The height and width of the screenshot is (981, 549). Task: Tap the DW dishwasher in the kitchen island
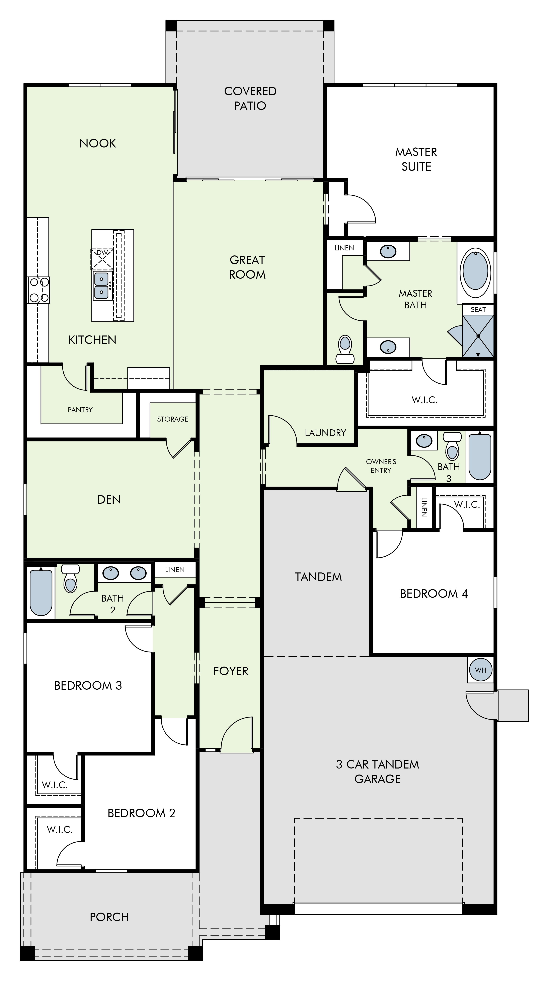102,259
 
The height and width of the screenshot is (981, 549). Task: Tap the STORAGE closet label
173,419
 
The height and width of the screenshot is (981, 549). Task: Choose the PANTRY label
80,410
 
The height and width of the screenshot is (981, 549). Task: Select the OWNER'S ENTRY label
381,466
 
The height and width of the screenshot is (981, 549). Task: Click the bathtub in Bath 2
41,592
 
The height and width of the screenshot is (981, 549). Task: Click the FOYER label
231,671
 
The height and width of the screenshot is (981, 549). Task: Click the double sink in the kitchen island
102,286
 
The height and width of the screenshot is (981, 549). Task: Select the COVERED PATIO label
250,98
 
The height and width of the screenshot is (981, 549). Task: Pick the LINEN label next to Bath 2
175,570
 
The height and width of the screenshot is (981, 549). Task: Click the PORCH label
109,917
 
